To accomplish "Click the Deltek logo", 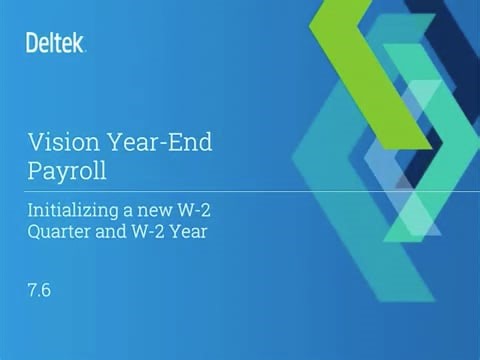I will [55, 42].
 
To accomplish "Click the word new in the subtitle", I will [147, 211].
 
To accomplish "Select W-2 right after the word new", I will [186, 211].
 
